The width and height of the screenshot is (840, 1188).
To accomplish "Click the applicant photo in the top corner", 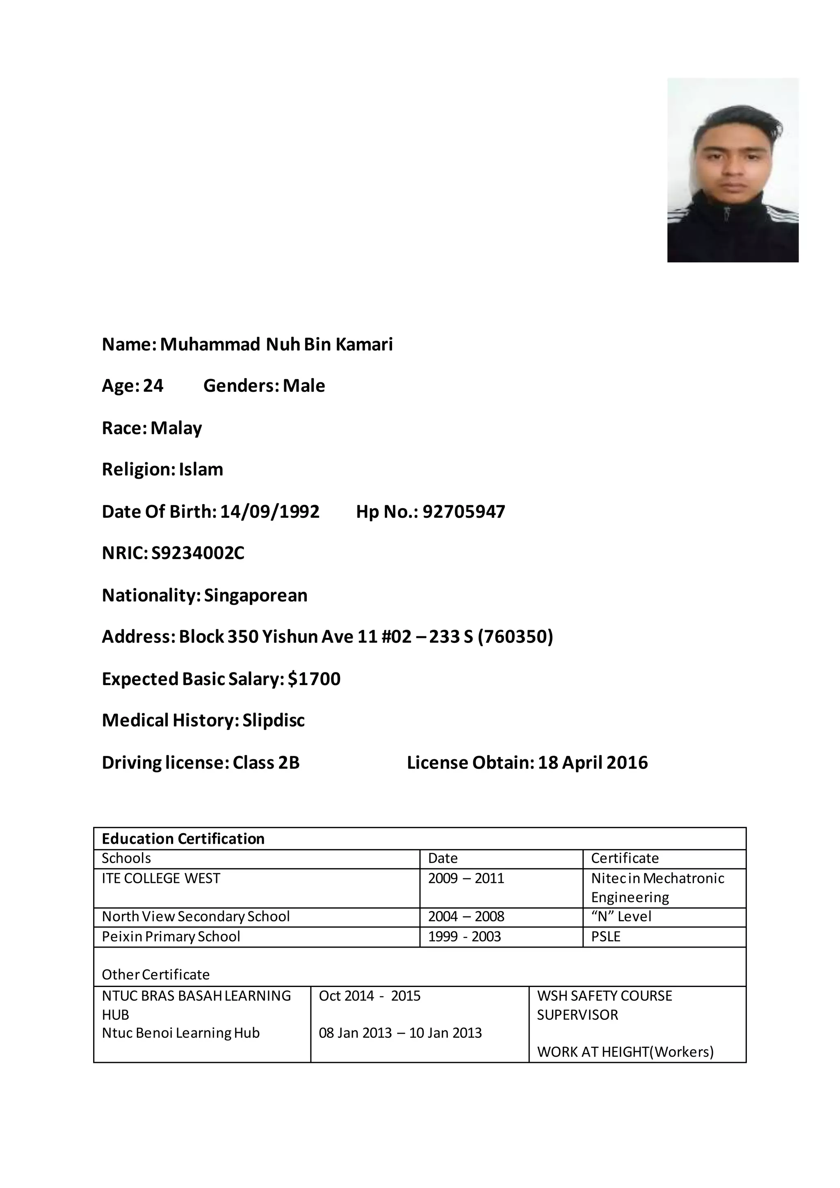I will (733, 170).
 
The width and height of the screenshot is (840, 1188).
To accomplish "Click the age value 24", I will (153, 386).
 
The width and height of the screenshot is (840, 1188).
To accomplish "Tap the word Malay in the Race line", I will (176, 428).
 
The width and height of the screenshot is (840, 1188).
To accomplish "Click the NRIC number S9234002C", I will (198, 554).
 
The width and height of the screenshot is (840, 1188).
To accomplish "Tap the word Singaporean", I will (256, 596).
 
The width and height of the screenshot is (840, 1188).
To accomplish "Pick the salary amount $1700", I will (314, 679).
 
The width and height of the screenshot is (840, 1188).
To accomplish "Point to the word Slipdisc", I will (274, 720).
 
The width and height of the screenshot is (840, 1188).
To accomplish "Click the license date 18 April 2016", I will (592, 763).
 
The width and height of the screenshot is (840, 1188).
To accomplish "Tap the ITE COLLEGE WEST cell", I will (161, 879).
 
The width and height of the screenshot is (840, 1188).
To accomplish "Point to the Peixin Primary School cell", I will (171, 937).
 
